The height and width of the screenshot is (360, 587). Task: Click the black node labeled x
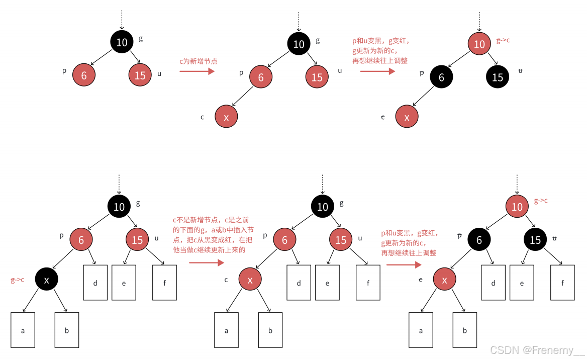47,280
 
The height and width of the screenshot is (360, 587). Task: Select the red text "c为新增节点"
198,61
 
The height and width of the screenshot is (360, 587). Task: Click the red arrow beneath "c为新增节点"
197,71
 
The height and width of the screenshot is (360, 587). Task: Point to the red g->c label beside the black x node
18,280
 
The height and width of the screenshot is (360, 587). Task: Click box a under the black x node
23,330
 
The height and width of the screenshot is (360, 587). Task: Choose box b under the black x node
67,330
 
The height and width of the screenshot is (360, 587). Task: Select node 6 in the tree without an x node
84,75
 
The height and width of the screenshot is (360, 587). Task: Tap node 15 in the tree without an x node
140,75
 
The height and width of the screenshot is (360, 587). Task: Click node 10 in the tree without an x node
122,42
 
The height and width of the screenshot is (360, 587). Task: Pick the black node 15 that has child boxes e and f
535,240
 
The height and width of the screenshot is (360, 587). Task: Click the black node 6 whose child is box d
479,240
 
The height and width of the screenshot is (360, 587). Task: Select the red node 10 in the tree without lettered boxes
479,44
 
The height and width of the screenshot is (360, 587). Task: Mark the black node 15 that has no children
498,77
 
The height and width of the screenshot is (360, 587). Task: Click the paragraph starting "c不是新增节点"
213,234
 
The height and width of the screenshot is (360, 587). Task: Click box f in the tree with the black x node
164,283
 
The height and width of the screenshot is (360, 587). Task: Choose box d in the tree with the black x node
95,283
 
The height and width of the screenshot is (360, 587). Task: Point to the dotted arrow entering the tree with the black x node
119,184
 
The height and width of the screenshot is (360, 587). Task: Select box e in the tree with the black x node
124,283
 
